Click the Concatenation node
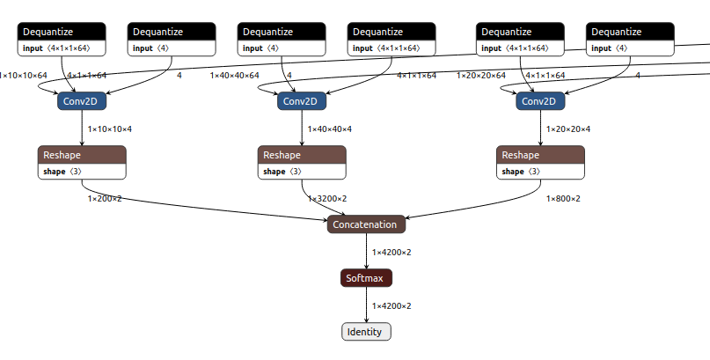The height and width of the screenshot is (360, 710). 366,224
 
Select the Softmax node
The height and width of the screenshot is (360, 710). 366,278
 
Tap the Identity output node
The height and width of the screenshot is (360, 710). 366,332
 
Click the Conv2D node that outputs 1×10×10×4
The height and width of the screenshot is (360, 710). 83,101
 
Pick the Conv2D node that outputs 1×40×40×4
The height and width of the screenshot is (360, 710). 302,101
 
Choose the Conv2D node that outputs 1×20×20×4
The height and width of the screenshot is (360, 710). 540,101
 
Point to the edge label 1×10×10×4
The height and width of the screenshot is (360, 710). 109,129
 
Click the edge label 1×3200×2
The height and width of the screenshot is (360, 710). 326,199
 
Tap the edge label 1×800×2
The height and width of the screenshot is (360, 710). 563,199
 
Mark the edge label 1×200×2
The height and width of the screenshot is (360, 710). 105,199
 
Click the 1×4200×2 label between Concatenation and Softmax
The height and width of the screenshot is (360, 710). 391,253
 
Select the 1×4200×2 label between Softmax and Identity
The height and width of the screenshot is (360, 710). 391,306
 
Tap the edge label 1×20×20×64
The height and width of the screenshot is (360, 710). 480,76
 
